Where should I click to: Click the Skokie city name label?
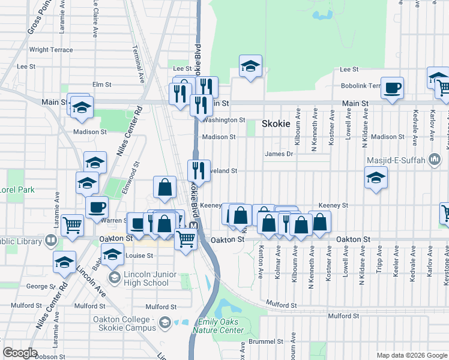pyautogui.click(x=276, y=124)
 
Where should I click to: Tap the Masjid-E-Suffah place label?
pyautogui.click(x=396, y=160)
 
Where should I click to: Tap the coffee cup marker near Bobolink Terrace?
pyautogui.click(x=392, y=88)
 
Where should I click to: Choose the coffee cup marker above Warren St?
pyautogui.click(x=97, y=208)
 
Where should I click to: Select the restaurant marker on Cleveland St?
pyautogui.click(x=199, y=170)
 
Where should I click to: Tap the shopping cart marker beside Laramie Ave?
pyautogui.click(x=72, y=225)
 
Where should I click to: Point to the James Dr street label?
pyautogui.click(x=279, y=154)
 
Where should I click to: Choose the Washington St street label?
pyautogui.click(x=224, y=120)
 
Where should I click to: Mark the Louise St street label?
pyautogui.click(x=139, y=256)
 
